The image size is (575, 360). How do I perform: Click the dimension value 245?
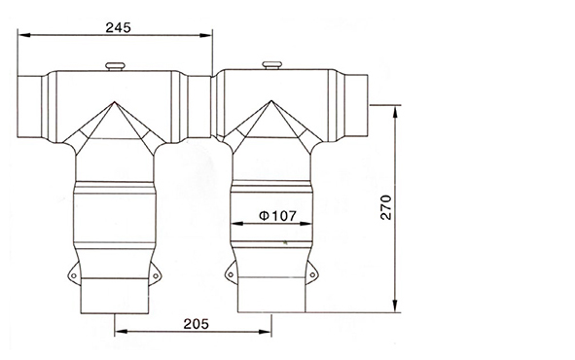(x=117, y=28)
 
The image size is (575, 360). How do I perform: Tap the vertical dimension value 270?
(x=386, y=208)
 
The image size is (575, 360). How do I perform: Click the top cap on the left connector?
(x=114, y=66)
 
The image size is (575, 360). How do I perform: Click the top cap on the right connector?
(x=270, y=66)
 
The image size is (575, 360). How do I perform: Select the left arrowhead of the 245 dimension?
(x=25, y=37)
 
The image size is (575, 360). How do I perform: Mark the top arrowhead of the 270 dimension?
(x=396, y=108)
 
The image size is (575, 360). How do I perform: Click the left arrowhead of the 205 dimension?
(x=119, y=331)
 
